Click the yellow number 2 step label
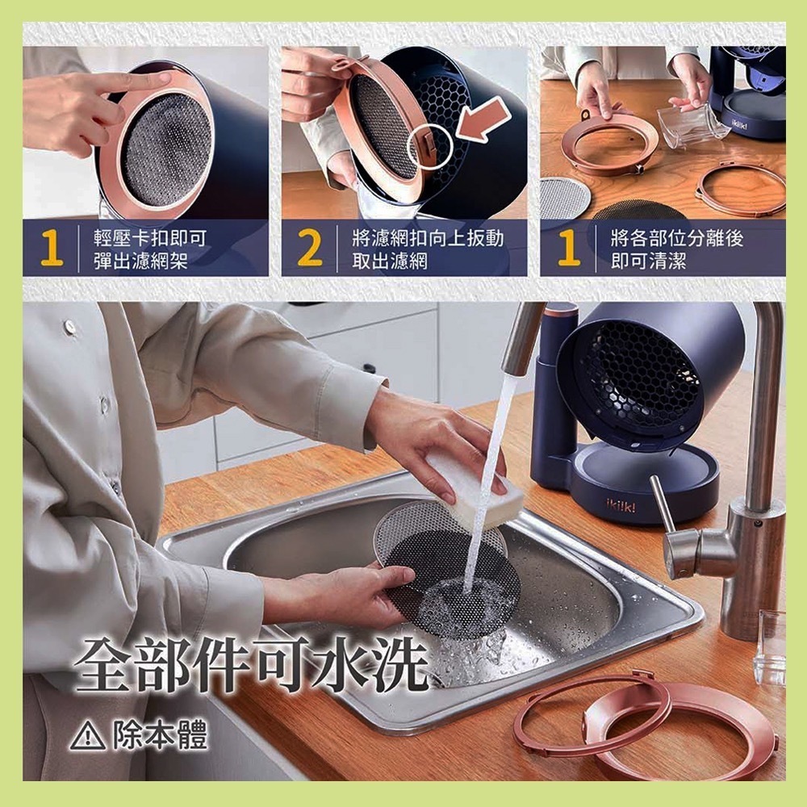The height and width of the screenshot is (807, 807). [310, 248]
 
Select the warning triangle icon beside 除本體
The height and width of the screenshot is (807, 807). [87, 735]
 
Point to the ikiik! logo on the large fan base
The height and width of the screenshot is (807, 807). [621, 507]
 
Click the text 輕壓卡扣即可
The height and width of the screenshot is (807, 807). [150, 238]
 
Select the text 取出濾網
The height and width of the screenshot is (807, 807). [390, 261]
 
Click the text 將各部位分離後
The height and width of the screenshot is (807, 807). [677, 238]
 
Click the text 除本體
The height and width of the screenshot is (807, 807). [161, 734]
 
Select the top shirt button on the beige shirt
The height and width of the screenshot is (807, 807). [69, 326]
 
